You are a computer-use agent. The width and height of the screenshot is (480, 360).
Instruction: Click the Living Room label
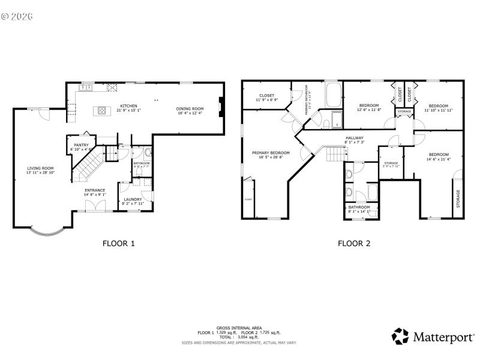click(x=40, y=170)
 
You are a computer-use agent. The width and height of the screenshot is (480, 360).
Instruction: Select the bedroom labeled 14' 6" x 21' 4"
click(x=437, y=156)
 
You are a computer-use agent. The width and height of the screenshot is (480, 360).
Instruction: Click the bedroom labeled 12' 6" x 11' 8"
click(x=368, y=107)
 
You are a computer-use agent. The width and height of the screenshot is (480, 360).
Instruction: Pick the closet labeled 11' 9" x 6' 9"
click(x=266, y=97)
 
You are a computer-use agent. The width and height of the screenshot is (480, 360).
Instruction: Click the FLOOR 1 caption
click(x=118, y=243)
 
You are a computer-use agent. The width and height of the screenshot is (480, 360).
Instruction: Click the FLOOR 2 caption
click(x=354, y=243)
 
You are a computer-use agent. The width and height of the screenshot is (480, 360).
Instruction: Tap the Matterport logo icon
click(x=401, y=336)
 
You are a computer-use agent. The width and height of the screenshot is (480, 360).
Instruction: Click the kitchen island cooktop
click(x=102, y=110)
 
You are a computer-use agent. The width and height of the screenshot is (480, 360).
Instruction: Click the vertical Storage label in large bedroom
click(x=458, y=199)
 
